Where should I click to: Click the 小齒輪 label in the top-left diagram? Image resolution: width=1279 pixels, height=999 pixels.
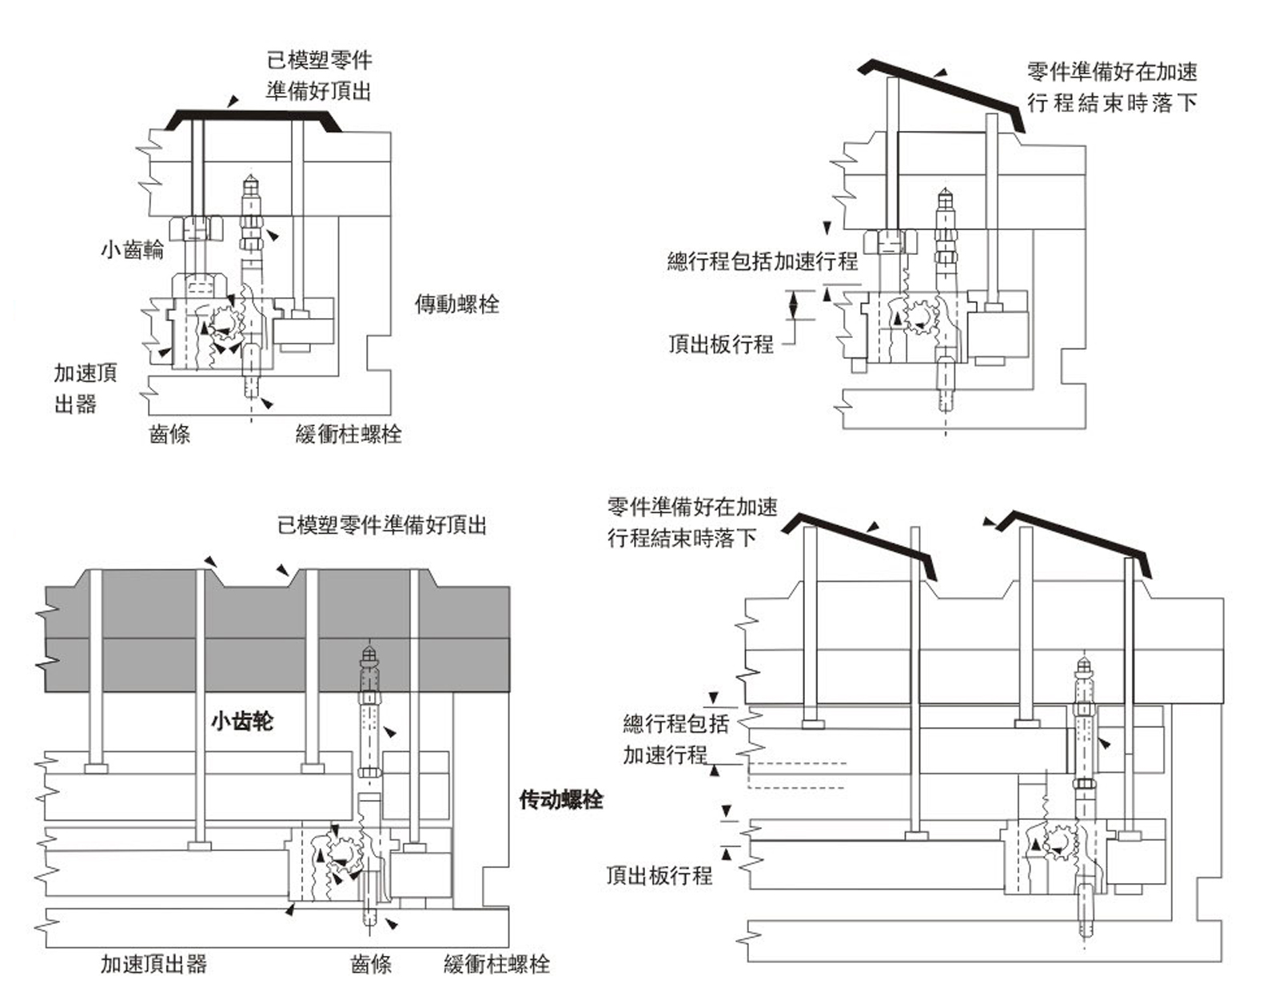click(x=132, y=250)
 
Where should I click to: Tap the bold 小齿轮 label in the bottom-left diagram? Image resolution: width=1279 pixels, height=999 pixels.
click(x=242, y=722)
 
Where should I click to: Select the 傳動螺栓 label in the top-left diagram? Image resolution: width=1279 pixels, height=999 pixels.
click(x=456, y=304)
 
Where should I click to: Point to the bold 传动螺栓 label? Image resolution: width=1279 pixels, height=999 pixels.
click(x=561, y=800)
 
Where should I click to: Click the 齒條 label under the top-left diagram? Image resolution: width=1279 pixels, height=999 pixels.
click(x=169, y=434)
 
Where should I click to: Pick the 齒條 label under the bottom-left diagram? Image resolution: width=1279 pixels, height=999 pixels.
click(x=371, y=964)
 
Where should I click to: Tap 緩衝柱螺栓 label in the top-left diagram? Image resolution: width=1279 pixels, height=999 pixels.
click(x=349, y=434)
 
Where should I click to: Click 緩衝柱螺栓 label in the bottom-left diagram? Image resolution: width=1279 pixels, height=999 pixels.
click(x=496, y=964)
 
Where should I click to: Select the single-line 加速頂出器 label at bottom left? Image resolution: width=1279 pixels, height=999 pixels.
click(x=153, y=964)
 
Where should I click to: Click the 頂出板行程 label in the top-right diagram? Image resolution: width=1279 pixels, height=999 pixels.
click(x=721, y=344)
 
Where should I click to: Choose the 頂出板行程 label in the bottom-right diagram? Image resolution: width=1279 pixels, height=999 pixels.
click(x=659, y=875)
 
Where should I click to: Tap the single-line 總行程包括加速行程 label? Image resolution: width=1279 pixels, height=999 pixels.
click(x=763, y=261)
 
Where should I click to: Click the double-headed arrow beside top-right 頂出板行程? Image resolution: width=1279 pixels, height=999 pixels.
click(x=794, y=305)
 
